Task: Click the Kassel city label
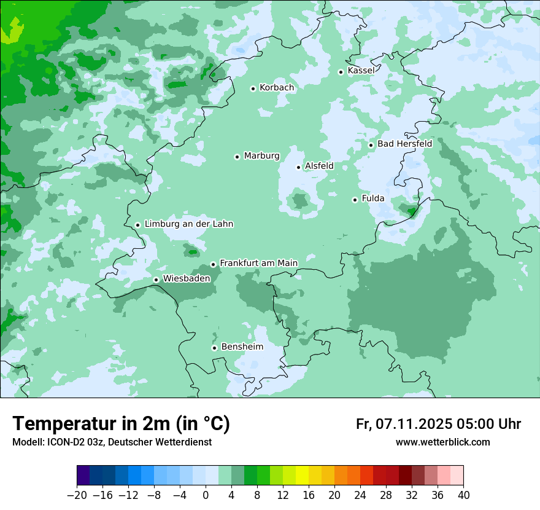pyautogui.click(x=361, y=71)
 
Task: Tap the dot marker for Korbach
pyautogui.click(x=253, y=88)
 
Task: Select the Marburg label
pyautogui.click(x=261, y=156)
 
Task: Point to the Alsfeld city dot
pyautogui.click(x=299, y=167)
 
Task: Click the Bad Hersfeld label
pyautogui.click(x=404, y=144)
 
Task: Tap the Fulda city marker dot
pyautogui.click(x=355, y=200)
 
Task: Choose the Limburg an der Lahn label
pyautogui.click(x=188, y=224)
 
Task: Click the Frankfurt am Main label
pyautogui.click(x=258, y=263)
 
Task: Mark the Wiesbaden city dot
pyautogui.click(x=156, y=280)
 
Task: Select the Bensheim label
pyautogui.click(x=242, y=347)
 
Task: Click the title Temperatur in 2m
pyautogui.click(x=121, y=423)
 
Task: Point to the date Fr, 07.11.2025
pyautogui.click(x=404, y=424)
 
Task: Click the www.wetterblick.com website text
pyautogui.click(x=442, y=442)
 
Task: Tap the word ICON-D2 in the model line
pyautogui.click(x=63, y=442)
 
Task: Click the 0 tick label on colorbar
pyautogui.click(x=206, y=495)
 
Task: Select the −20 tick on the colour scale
pyautogui.click(x=77, y=495)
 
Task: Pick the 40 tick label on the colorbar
pyautogui.click(x=463, y=495)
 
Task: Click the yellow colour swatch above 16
pyautogui.click(x=302, y=476)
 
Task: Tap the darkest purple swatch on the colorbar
pyautogui.click(x=83, y=476)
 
